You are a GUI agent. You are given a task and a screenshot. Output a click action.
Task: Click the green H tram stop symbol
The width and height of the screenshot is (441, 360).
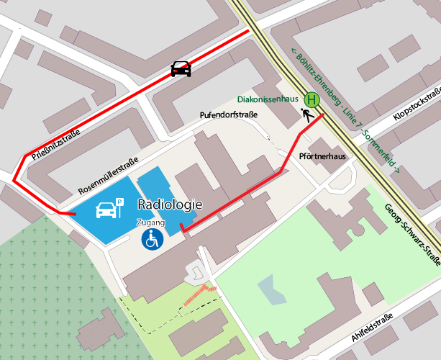tap(312, 100)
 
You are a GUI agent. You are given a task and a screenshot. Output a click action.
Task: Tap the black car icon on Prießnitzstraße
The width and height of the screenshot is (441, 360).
tap(181, 68)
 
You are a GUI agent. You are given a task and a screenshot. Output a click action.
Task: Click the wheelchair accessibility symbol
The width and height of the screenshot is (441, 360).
tap(153, 239)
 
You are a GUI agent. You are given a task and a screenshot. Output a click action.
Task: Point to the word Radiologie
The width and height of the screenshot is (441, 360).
tap(169, 205)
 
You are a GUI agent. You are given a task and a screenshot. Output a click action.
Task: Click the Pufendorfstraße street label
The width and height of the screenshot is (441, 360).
tap(228, 115)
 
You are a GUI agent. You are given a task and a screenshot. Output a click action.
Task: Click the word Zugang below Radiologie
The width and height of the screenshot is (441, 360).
tap(151, 222)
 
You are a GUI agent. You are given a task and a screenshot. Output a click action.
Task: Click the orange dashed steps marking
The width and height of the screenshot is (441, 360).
tap(199, 294)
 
